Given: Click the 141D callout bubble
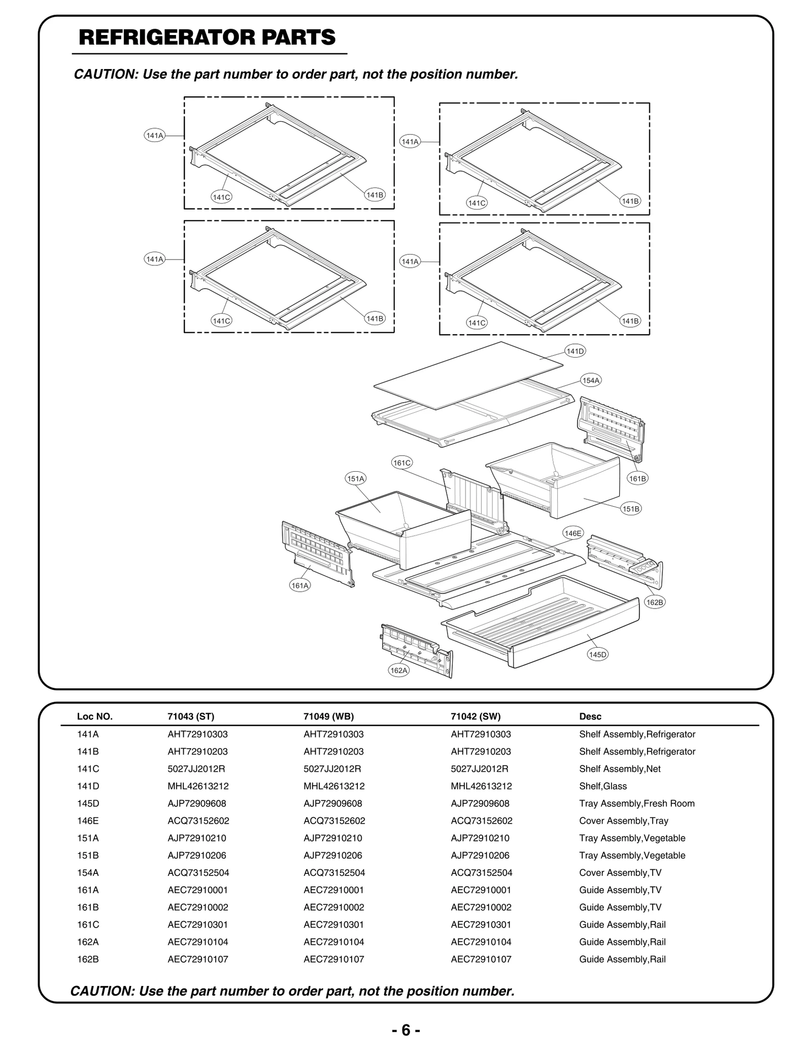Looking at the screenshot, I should click(575, 351).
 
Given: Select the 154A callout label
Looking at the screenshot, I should click(591, 380).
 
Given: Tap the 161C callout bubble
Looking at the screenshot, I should click(402, 463).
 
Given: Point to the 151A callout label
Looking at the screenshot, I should click(356, 478).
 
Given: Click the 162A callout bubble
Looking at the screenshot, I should click(399, 671).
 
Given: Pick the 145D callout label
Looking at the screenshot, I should click(597, 654).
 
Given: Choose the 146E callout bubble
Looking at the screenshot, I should click(573, 533).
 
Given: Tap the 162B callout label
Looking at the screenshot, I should click(654, 602).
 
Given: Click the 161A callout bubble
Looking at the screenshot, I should click(300, 585).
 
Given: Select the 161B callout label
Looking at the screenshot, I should click(637, 478).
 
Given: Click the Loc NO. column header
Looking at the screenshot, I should click(95, 717).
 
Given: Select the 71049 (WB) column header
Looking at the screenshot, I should click(328, 717).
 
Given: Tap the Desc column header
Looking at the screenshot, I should click(590, 717).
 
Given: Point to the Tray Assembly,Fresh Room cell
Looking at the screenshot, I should click(636, 803).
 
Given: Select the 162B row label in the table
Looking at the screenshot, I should click(88, 959).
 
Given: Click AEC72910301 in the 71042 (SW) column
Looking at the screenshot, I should click(481, 925).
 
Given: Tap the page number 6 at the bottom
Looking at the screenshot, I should click(405, 1030).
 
